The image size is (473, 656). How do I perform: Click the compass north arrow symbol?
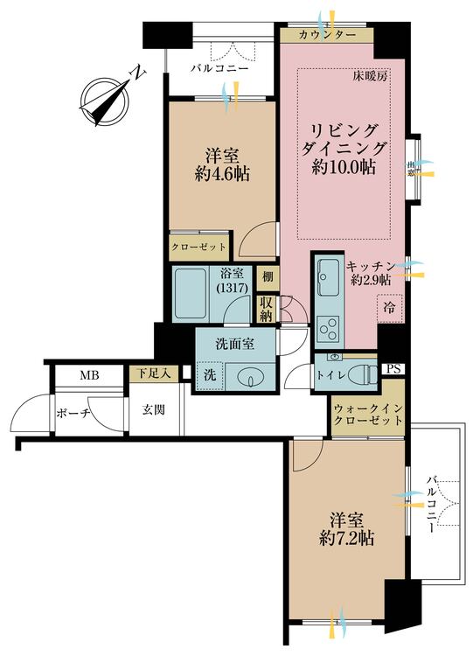tap(106, 99)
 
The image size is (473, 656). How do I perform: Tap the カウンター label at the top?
tap(327, 35)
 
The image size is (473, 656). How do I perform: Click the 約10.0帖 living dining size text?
tap(343, 167)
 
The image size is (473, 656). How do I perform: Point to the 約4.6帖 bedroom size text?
tap(222, 173)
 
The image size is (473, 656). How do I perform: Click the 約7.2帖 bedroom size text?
tap(346, 539)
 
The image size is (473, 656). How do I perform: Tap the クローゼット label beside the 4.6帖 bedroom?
tap(198, 247)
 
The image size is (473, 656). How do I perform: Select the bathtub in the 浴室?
tap(191, 293)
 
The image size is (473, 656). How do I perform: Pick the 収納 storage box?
tap(267, 309)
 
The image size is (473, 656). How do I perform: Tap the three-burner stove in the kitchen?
tap(329, 329)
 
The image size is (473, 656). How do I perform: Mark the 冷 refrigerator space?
tap(389, 309)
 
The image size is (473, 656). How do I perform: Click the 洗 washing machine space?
tap(210, 375)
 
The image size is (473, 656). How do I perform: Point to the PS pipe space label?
tap(393, 369)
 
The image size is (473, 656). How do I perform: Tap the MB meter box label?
tap(90, 376)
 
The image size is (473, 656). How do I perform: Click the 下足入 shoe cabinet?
tap(154, 373)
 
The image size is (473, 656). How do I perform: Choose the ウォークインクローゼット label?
tap(368, 415)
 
